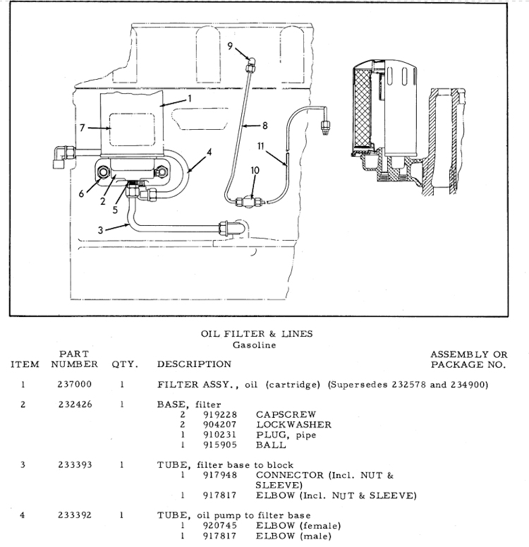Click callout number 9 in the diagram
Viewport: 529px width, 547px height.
[231, 46]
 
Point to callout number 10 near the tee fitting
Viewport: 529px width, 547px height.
[255, 170]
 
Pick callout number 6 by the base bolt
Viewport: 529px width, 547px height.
[80, 193]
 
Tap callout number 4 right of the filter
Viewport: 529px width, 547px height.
[209, 152]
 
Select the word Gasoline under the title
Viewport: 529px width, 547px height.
[254, 345]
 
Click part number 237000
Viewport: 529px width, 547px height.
[74, 385]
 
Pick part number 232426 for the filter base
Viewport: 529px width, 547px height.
[74, 405]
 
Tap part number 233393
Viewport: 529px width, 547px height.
[74, 465]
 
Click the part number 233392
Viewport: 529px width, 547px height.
[74, 515]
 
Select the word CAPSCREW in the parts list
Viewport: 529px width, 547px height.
[286, 415]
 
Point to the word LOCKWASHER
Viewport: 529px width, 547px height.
[293, 425]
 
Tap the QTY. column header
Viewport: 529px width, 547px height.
[124, 365]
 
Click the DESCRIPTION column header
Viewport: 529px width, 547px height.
[194, 365]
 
